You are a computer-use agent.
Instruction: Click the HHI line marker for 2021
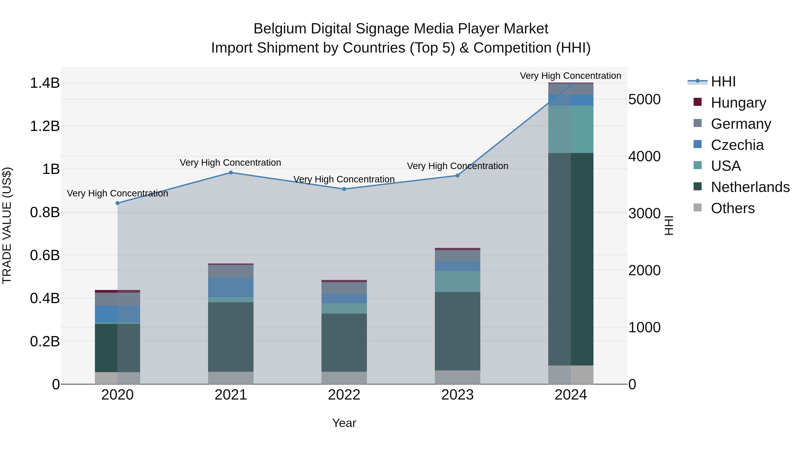[231, 172]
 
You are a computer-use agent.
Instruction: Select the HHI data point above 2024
[571, 85]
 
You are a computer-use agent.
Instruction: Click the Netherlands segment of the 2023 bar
[457, 331]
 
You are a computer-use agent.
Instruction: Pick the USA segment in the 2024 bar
[571, 129]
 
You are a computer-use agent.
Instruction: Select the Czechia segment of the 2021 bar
[231, 287]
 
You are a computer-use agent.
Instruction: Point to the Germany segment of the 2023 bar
[457, 255]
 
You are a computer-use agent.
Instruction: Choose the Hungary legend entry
[738, 103]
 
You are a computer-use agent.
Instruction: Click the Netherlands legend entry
[750, 187]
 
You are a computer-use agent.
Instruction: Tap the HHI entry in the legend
[723, 82]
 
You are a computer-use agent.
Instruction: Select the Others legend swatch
[698, 208]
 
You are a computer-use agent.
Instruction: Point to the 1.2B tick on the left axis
[45, 126]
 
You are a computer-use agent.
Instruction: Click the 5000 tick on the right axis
[644, 100]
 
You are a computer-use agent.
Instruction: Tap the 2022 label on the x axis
[344, 395]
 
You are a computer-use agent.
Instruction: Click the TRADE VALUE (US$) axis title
[7, 225]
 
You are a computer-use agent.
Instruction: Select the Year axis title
[344, 423]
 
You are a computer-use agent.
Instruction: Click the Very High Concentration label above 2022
[344, 179]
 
